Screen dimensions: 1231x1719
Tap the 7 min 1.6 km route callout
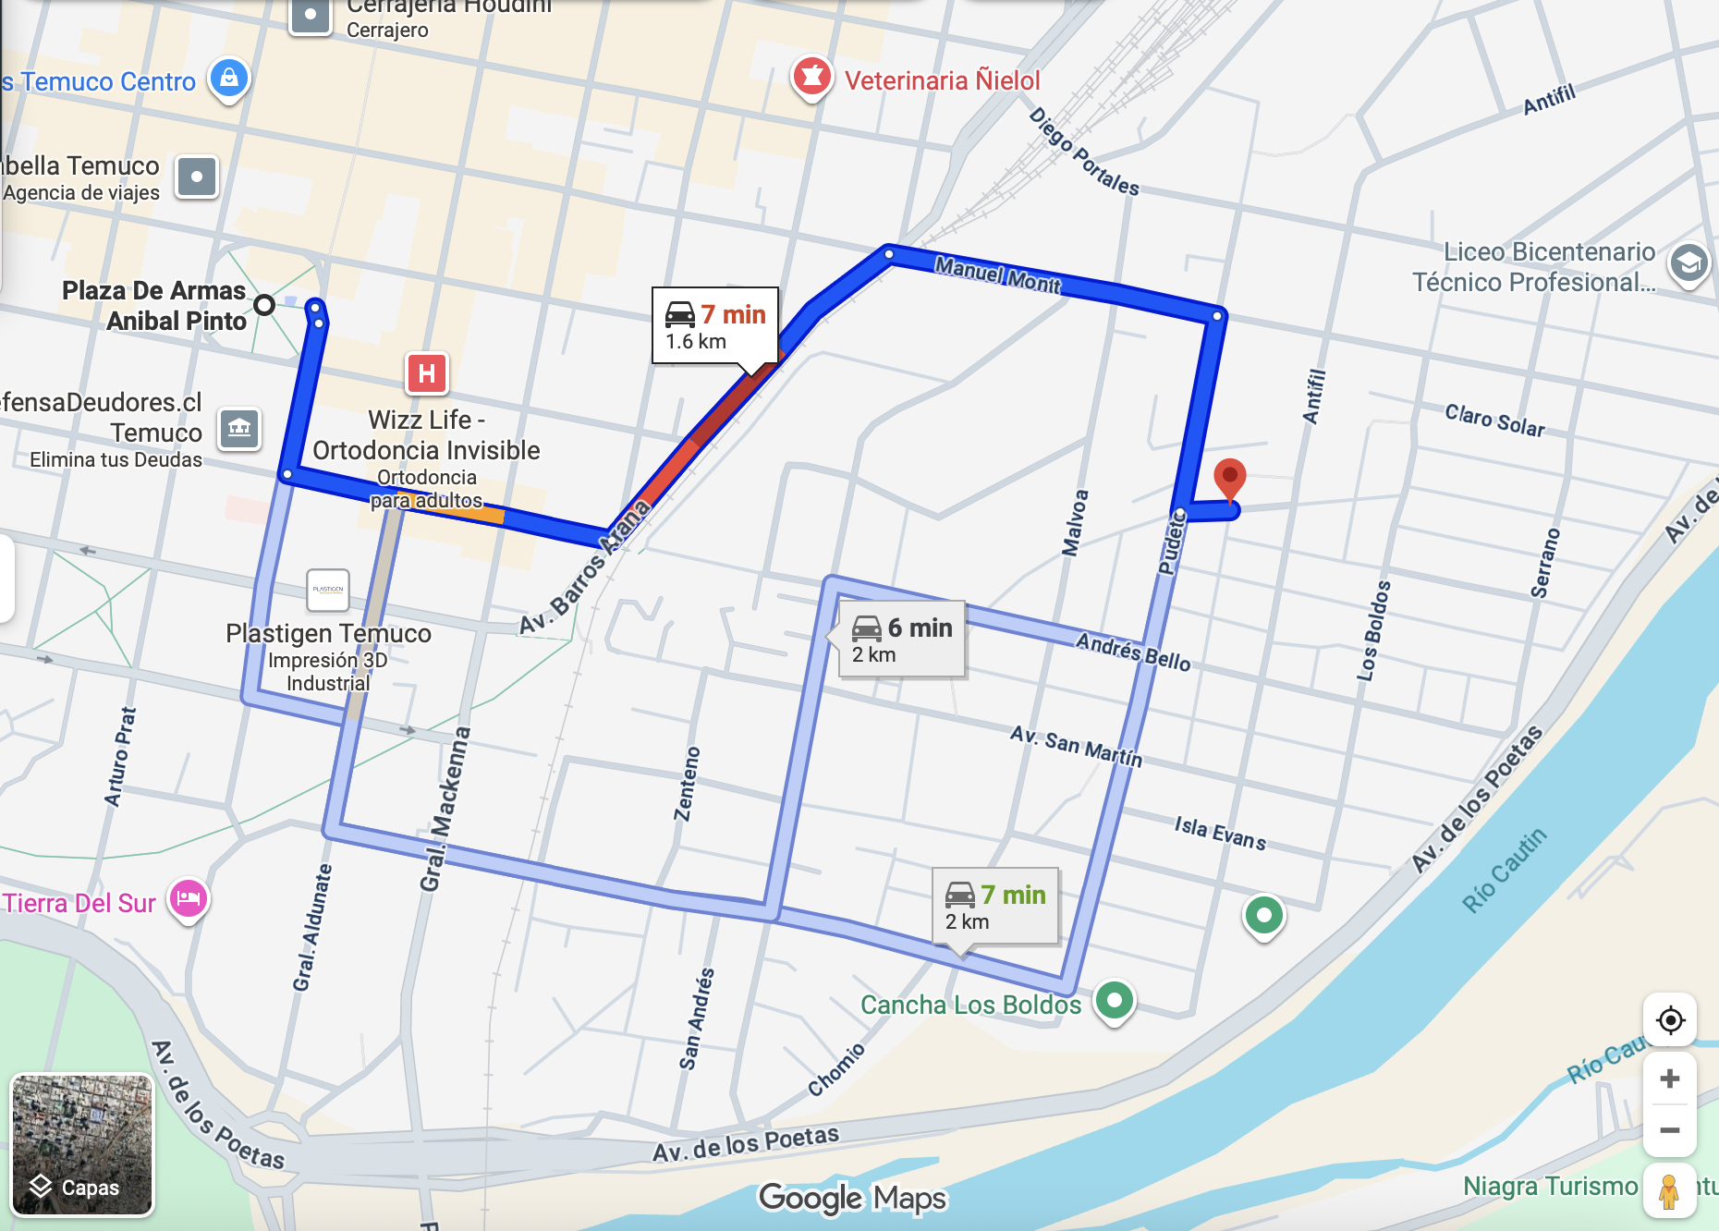point(715,326)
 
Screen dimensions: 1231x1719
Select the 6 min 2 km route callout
point(901,640)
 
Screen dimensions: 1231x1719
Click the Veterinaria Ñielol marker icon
point(811,78)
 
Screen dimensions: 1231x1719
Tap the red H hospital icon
point(427,373)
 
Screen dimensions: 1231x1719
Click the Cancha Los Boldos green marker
point(1114,1000)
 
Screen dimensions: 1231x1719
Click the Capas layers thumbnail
point(81,1144)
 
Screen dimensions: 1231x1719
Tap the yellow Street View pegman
point(1669,1191)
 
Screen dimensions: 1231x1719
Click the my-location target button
point(1670,1021)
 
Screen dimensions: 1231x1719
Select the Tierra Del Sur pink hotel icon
point(189,898)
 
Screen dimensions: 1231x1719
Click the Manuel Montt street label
point(997,274)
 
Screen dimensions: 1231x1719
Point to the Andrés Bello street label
point(1133,651)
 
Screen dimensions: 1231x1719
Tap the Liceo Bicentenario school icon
point(1689,264)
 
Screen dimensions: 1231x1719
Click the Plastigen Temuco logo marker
point(328,590)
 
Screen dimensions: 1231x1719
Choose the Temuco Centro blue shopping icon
point(228,79)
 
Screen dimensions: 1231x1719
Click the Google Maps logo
point(852,1198)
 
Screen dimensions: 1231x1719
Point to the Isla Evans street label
point(1220,832)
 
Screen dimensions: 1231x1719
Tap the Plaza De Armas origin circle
point(264,304)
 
